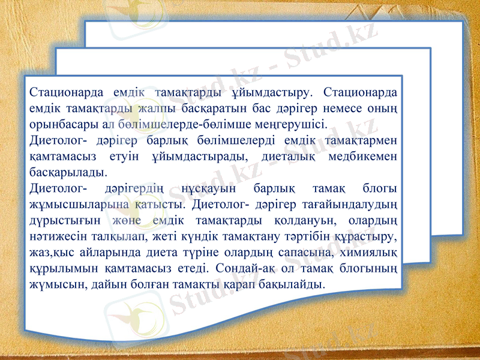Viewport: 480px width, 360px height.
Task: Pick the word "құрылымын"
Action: tap(59, 267)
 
